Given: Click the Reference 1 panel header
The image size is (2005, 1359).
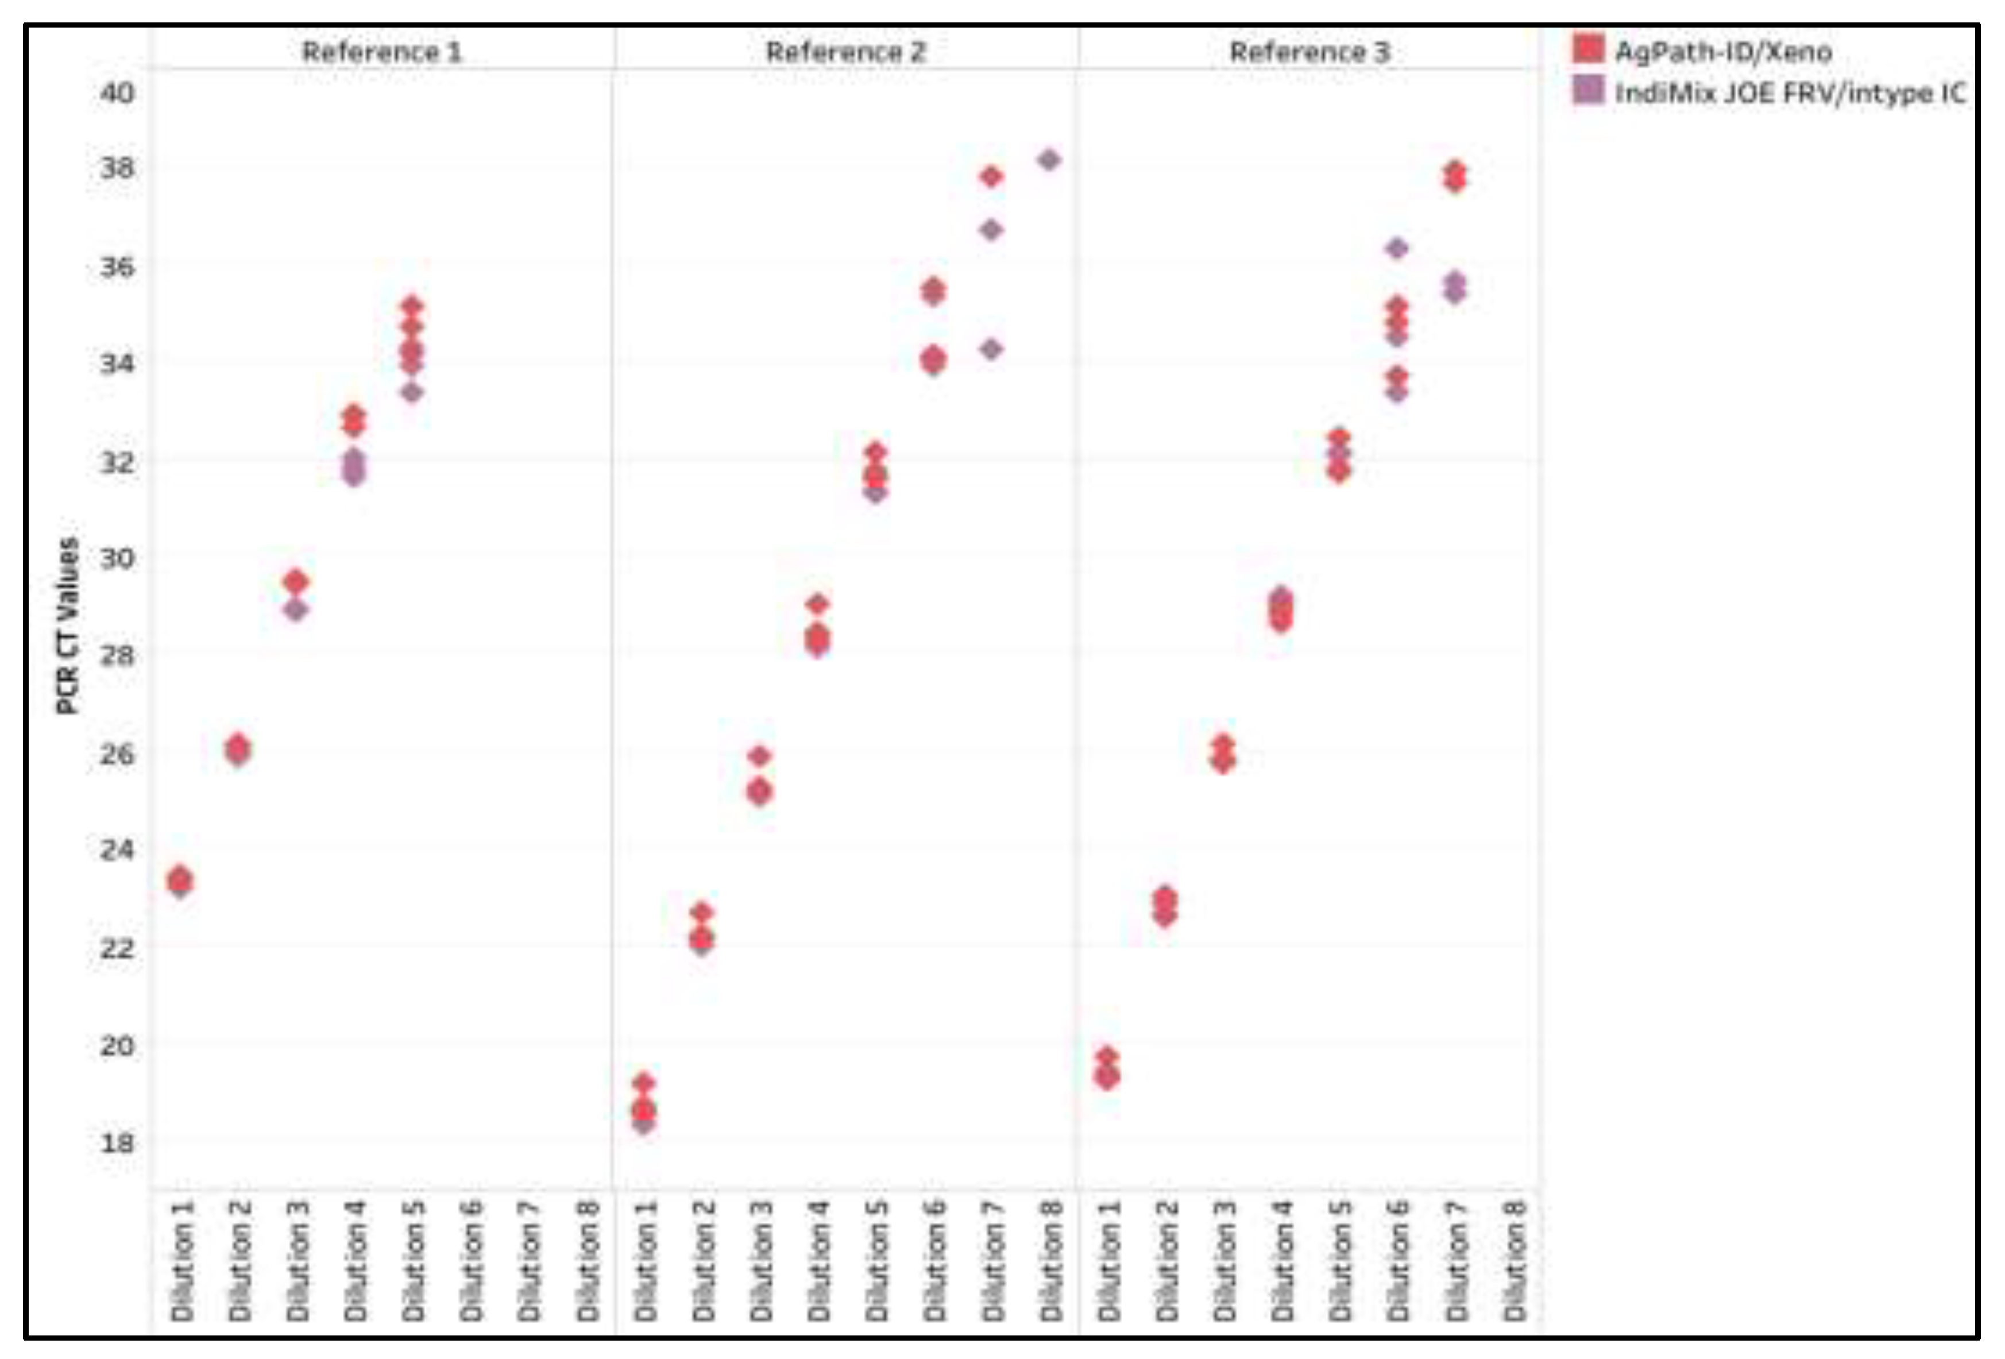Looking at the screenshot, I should tap(381, 52).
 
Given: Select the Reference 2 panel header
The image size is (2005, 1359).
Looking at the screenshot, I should tap(845, 52).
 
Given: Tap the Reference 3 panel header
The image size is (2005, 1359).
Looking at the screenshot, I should tap(1309, 52).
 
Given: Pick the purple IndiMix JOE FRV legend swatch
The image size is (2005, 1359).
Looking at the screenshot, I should tap(1588, 90).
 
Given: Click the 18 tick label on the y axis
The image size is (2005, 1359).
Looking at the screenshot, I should tap(117, 1142).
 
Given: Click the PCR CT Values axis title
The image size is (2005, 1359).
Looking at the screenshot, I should tap(67, 626).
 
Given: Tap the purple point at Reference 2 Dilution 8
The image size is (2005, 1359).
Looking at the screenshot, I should tap(1049, 160).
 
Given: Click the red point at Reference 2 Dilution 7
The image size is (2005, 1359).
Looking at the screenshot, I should tap(991, 177).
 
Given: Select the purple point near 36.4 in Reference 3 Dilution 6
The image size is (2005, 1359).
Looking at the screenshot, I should tap(1397, 249).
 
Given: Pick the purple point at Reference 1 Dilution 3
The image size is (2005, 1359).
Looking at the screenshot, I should tap(296, 610).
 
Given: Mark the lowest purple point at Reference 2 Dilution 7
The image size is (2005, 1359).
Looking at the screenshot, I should tap(991, 349).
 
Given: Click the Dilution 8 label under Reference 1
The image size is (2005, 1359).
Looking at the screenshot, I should tap(588, 1260).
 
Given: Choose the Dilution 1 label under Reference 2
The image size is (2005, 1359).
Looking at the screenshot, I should tap(646, 1260).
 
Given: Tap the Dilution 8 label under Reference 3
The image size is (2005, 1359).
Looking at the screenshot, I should tap(1514, 1260).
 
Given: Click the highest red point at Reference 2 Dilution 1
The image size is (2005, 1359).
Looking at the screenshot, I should tap(644, 1083).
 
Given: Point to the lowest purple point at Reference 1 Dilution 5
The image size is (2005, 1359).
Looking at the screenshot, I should tap(412, 392).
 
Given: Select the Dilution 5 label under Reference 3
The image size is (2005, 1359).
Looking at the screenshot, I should tap(1340, 1260).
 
